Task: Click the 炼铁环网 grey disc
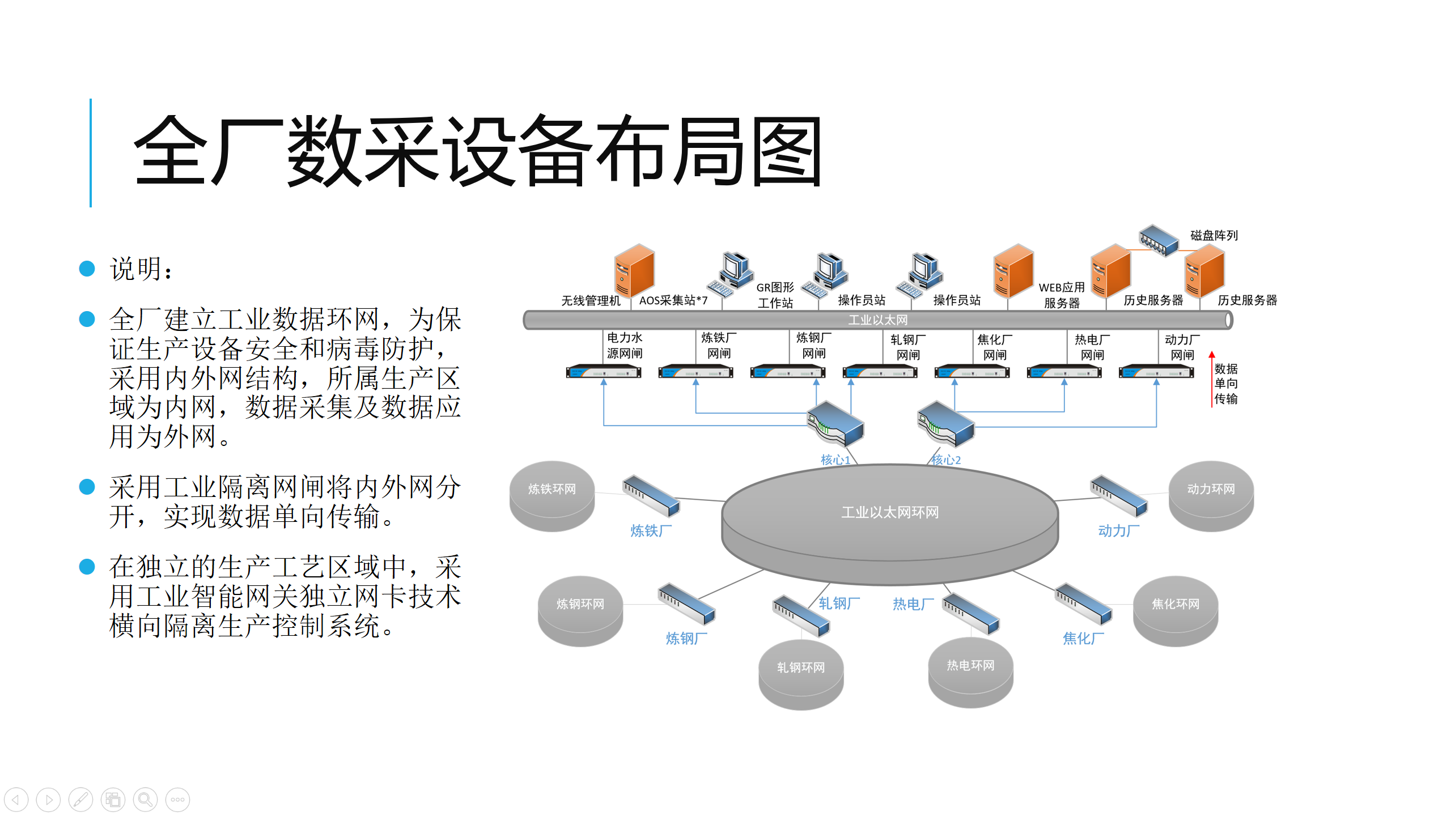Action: (551, 495)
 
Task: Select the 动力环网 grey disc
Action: (1211, 495)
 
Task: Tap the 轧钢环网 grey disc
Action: (800, 674)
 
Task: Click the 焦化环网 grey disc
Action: (1175, 610)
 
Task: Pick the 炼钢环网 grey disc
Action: (580, 610)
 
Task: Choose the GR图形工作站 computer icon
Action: (731, 274)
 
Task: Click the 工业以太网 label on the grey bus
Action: (877, 320)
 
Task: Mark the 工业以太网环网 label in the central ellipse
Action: (889, 512)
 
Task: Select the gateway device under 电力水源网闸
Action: (604, 372)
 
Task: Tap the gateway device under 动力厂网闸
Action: (1156, 372)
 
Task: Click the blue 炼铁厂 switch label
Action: (651, 530)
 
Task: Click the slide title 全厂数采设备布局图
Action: (477, 151)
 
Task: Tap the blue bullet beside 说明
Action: (87, 269)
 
